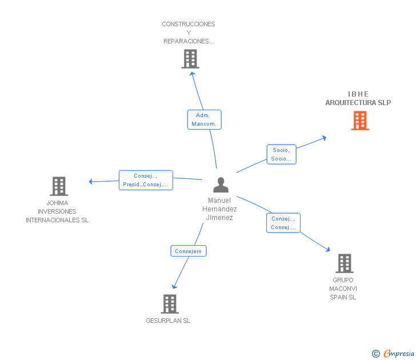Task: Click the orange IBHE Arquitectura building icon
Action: coord(360,121)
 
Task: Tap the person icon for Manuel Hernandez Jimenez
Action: coord(221,185)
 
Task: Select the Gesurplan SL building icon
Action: coord(170,304)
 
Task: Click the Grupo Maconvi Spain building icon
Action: coord(344,263)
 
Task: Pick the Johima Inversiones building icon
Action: coord(59,186)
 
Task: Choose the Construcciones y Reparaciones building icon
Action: coord(190,59)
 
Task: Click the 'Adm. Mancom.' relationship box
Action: coord(204,119)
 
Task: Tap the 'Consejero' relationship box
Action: coord(189,251)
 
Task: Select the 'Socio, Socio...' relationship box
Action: coord(281,154)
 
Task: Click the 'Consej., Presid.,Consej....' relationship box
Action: coord(146,180)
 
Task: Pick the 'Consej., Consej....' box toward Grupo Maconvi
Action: coord(283,223)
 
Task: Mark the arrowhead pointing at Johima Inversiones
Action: coord(91,182)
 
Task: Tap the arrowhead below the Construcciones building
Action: coord(192,73)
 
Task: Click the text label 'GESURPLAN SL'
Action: coord(168,321)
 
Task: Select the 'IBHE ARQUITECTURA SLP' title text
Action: coord(358,98)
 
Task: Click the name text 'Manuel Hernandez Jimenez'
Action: coord(219,209)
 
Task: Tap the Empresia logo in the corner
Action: coord(399,354)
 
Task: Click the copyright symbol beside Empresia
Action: coord(376,354)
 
